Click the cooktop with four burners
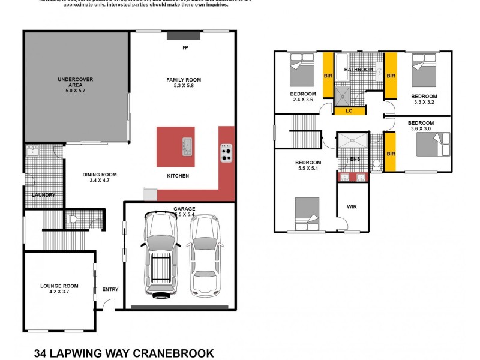[227, 153]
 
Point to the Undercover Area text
[76, 84]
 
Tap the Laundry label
[44, 195]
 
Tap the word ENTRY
[110, 289]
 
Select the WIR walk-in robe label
[352, 206]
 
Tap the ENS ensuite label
[355, 159]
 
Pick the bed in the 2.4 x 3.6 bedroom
[302, 69]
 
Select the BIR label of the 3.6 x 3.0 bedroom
[391, 154]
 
